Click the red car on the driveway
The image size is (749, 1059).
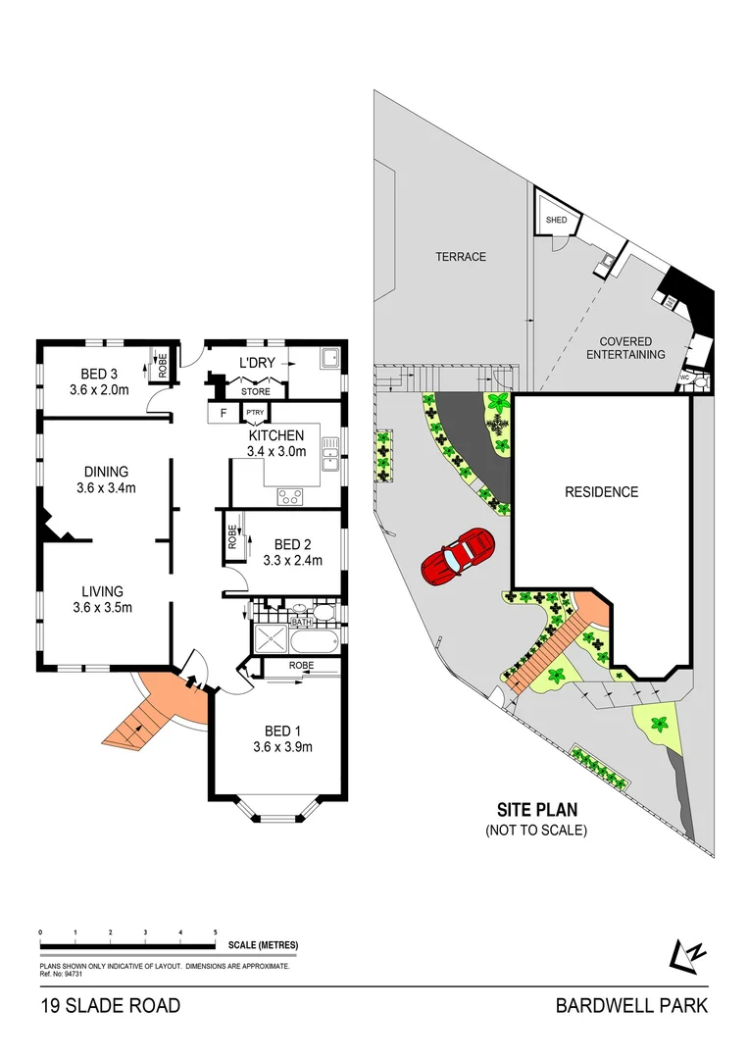[457, 556]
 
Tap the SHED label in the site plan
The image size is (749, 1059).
[556, 221]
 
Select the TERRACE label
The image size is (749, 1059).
[461, 257]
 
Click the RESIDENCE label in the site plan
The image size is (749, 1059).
[601, 492]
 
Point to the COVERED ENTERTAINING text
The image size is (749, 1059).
[625, 348]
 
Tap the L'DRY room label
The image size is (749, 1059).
[257, 364]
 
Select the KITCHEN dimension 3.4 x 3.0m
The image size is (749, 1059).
[276, 452]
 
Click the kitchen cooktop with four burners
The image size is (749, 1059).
[291, 496]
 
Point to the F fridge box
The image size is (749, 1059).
[224, 413]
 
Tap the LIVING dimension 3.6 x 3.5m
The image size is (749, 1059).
[102, 607]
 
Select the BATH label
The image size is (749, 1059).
[300, 622]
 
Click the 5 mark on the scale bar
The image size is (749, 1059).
[216, 932]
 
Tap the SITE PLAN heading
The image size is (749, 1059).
[535, 810]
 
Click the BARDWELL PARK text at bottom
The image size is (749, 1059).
[630, 1005]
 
